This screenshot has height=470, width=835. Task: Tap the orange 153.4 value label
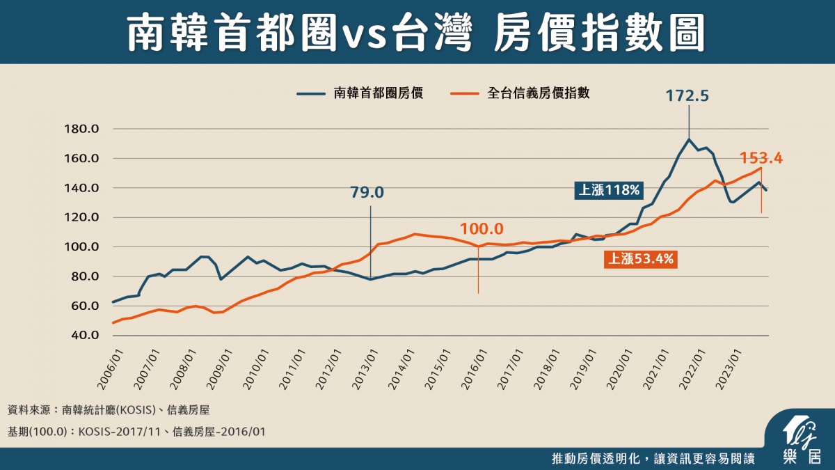click(x=761, y=158)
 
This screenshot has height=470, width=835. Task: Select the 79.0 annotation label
click(x=370, y=191)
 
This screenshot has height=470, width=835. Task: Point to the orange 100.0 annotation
click(x=481, y=228)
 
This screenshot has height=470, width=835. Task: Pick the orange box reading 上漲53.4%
click(x=641, y=260)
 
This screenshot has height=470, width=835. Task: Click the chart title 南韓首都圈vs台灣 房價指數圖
click(x=417, y=33)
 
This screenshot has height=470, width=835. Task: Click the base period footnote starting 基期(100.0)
click(x=136, y=432)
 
